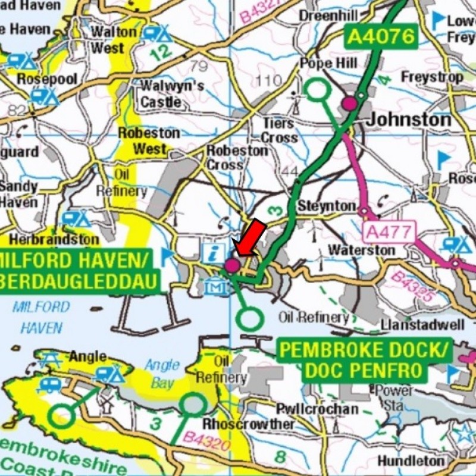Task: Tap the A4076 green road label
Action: click(380, 36)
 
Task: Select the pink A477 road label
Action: click(389, 231)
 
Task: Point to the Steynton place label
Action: click(327, 206)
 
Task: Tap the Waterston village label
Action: click(361, 249)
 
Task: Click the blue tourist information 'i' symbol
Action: click(212, 252)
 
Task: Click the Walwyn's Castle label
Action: click(172, 93)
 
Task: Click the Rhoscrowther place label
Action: click(249, 424)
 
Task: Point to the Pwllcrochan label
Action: click(318, 409)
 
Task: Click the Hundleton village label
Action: click(411, 461)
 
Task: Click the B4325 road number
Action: click(412, 287)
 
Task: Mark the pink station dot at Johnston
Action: click(349, 104)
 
